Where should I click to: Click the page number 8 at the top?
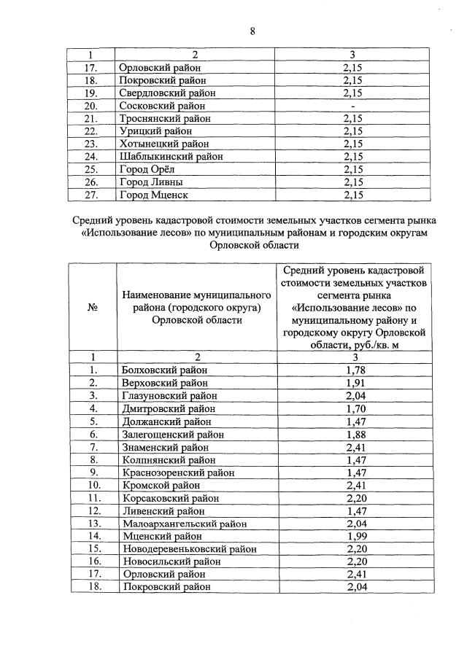(251, 30)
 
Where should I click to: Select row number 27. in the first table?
(92, 195)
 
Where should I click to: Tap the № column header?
(93, 308)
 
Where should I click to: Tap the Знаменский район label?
(165, 447)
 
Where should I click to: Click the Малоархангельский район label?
(184, 523)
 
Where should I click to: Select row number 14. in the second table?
(93, 536)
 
